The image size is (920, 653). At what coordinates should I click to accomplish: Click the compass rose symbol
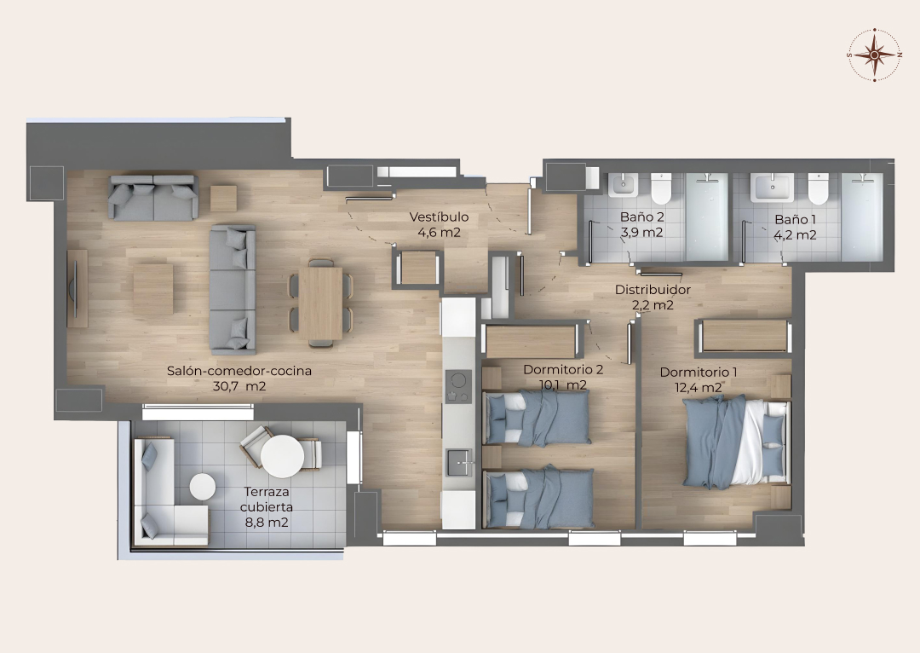pos(874,55)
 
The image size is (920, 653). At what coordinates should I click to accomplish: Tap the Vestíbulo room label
pos(439,217)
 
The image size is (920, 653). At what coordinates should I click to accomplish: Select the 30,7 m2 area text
pos(239,386)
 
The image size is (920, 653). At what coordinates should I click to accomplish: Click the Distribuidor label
pos(653,290)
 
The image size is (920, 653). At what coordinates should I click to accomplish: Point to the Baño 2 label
pos(642,217)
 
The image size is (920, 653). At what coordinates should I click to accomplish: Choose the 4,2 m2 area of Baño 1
pos(795,235)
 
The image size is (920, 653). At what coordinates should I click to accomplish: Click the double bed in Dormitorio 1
pos(736,442)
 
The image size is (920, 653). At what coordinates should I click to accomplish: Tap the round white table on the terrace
pos(282,456)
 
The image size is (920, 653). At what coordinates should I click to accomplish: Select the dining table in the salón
pos(320,303)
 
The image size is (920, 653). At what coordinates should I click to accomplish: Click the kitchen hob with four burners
pos(458,386)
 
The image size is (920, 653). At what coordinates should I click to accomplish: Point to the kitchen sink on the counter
pos(459,462)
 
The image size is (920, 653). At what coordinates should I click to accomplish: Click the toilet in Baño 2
pos(661,188)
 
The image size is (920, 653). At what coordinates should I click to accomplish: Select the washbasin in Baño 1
pos(772,188)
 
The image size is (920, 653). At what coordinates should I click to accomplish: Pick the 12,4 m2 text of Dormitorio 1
pos(699,388)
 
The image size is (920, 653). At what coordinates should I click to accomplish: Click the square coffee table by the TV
pos(152,289)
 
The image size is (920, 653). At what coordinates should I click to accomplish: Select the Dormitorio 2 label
pos(563,369)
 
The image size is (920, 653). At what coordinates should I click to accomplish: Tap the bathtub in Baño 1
pos(862,217)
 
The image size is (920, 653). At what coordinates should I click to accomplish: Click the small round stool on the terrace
pos(203,487)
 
